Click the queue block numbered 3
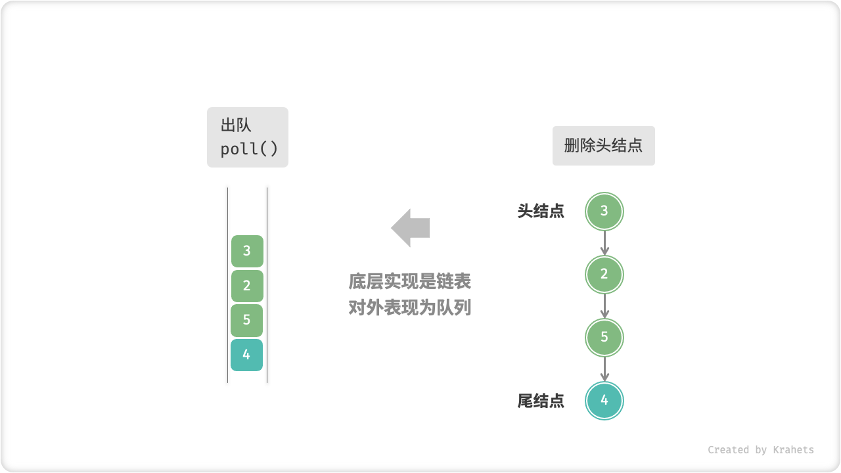(x=247, y=251)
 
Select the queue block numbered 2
(x=247, y=286)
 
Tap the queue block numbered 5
(x=247, y=321)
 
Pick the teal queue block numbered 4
(x=247, y=355)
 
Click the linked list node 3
(x=604, y=212)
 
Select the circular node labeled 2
(x=604, y=275)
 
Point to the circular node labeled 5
(x=604, y=338)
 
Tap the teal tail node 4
(x=604, y=400)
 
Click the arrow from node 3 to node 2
(x=604, y=243)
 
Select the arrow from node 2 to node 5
(x=604, y=306)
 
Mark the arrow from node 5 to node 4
(x=604, y=369)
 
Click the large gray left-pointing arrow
(x=411, y=228)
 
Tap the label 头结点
(x=541, y=212)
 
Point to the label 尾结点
(x=541, y=401)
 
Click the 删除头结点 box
(x=603, y=146)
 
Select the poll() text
(x=249, y=149)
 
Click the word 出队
(x=236, y=126)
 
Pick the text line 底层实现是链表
(x=410, y=282)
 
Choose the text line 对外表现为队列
(x=410, y=307)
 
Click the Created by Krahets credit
(x=760, y=450)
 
